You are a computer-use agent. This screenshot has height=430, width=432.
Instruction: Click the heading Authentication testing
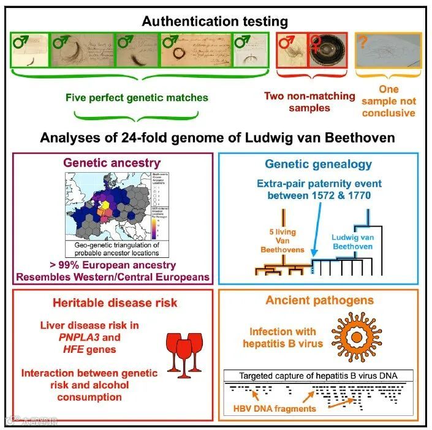(x=215, y=21)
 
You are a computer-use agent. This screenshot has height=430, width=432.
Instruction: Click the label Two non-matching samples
(x=309, y=102)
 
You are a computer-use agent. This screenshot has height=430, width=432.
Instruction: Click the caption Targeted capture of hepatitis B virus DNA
(x=317, y=375)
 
